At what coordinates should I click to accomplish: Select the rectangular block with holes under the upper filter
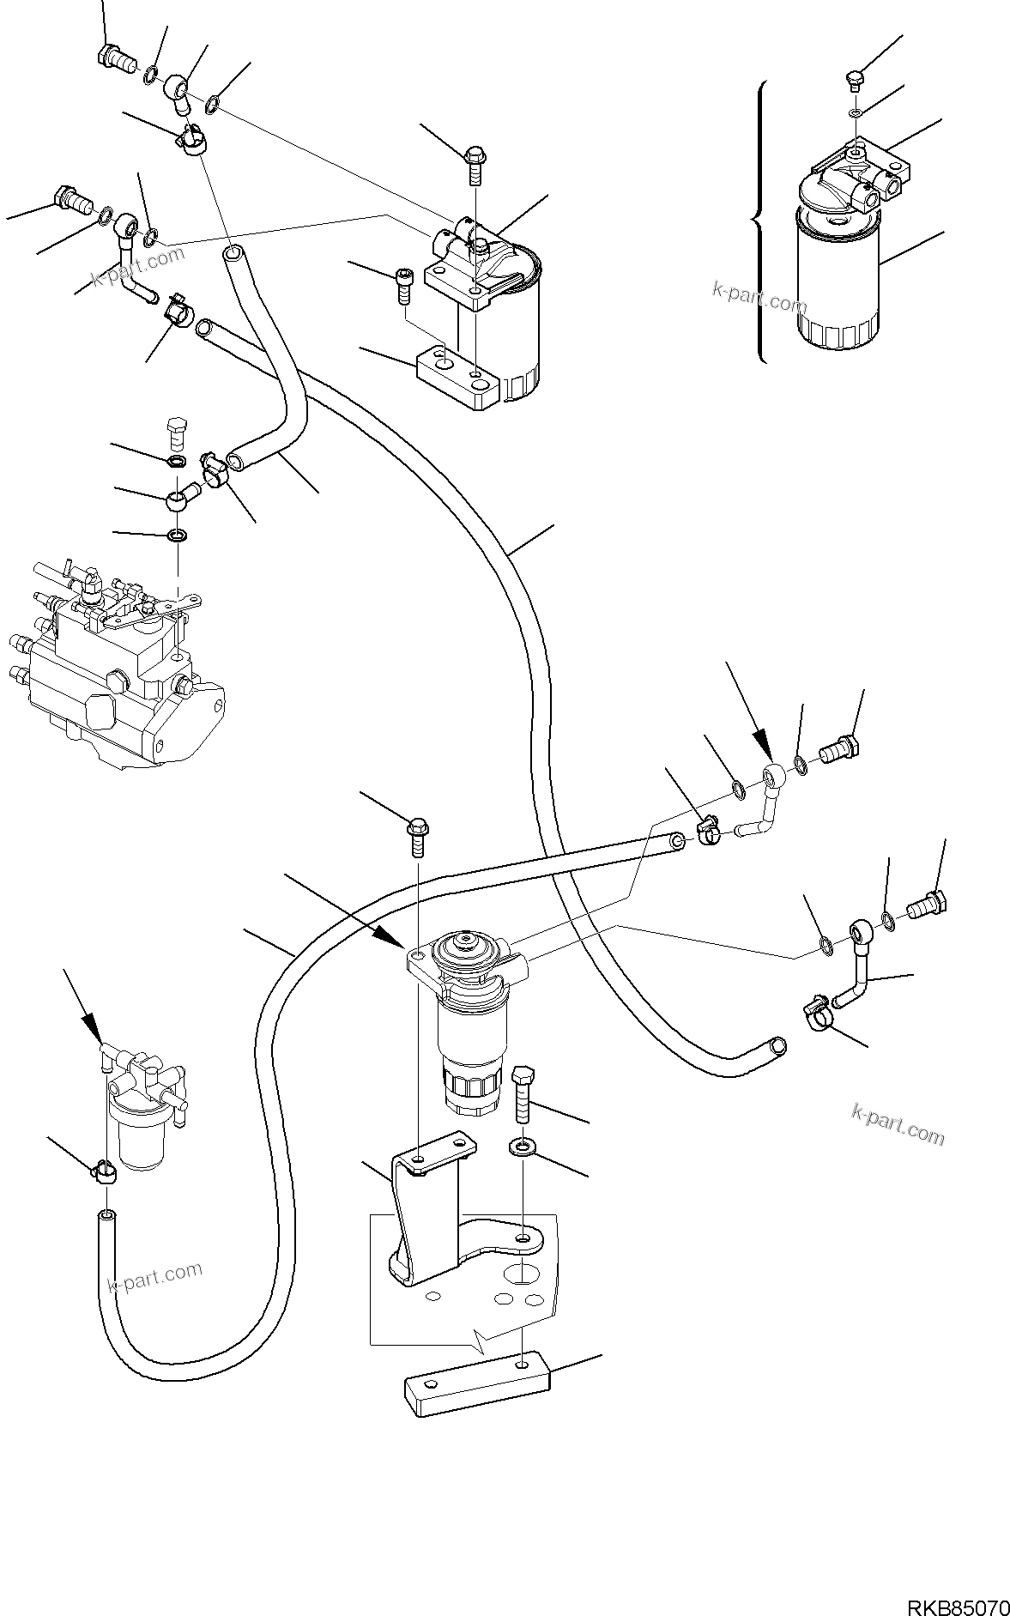pyautogui.click(x=457, y=378)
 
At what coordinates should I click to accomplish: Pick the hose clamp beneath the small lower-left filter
pyautogui.click(x=104, y=1171)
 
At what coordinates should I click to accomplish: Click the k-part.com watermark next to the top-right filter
pyautogui.click(x=759, y=298)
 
